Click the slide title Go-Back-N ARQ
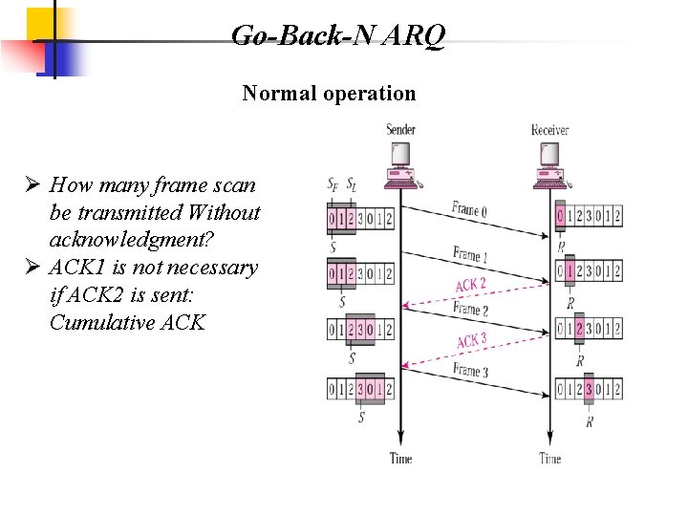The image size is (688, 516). (337, 36)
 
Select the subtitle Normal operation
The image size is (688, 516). (329, 94)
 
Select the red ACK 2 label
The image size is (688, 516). (470, 285)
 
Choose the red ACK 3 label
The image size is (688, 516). (471, 340)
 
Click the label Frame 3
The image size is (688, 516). (471, 371)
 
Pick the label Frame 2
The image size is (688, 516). (471, 310)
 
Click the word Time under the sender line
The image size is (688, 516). (401, 458)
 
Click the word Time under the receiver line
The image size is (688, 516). (550, 458)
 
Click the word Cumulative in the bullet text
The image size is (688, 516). (95, 322)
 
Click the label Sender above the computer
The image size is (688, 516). (401, 129)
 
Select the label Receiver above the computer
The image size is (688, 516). (550, 129)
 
